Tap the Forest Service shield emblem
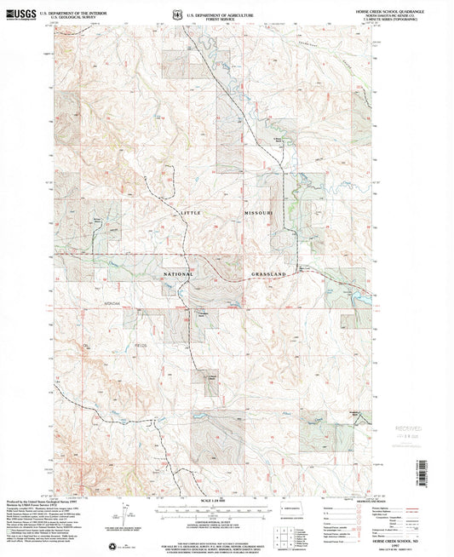pos(176,14)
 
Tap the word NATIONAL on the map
pos(179,275)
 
